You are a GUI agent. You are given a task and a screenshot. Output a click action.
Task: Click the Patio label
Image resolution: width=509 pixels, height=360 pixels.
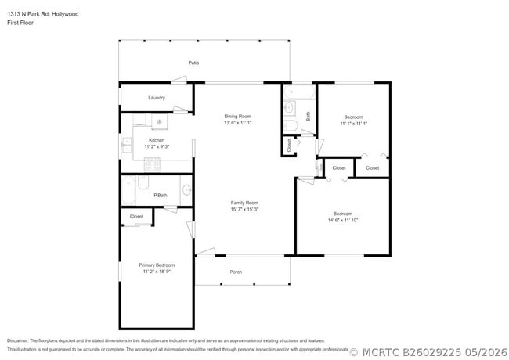[x=193, y=63]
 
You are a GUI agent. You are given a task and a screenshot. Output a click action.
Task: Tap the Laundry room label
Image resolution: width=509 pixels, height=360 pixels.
[x=157, y=98]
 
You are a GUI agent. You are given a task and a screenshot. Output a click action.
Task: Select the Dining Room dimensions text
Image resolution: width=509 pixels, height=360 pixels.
[x=238, y=123]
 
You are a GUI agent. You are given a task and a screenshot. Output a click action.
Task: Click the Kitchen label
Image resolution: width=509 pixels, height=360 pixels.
[x=157, y=140]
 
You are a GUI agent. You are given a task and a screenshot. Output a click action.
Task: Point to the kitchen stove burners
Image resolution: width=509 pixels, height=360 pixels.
[x=152, y=164]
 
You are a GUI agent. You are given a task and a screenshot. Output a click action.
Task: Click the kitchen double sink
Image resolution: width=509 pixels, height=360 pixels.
[x=126, y=145]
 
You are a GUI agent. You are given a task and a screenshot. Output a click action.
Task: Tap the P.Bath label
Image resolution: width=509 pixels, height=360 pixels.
[x=161, y=195]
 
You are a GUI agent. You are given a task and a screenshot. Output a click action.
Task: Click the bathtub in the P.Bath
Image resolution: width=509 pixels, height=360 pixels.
[x=128, y=190]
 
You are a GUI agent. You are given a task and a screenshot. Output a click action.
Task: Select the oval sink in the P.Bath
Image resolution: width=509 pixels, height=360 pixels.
[x=186, y=189]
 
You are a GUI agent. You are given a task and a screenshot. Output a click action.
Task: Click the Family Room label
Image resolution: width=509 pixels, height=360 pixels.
[x=244, y=203]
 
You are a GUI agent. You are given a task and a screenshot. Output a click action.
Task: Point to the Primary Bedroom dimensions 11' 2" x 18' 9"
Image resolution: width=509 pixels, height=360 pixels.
[x=157, y=272]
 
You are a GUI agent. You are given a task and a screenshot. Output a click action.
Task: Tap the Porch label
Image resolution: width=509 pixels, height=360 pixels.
[x=236, y=272]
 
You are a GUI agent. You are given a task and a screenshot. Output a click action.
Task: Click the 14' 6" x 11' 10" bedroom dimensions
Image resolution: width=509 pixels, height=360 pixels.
[x=343, y=220]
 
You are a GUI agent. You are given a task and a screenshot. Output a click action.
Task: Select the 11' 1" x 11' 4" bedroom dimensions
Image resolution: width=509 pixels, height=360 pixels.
[x=353, y=123]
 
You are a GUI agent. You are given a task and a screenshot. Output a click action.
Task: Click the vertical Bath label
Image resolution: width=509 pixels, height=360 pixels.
[x=308, y=117]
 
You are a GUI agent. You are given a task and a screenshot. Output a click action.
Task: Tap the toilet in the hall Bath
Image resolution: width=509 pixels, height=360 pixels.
[x=291, y=125]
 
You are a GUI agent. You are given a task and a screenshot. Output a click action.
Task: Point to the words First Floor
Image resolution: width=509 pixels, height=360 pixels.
[x=20, y=23]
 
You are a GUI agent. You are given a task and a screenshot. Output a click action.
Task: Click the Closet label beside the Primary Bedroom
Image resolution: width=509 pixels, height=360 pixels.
[x=137, y=216]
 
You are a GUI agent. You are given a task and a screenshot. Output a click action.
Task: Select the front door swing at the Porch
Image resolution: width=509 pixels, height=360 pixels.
[x=206, y=252]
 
